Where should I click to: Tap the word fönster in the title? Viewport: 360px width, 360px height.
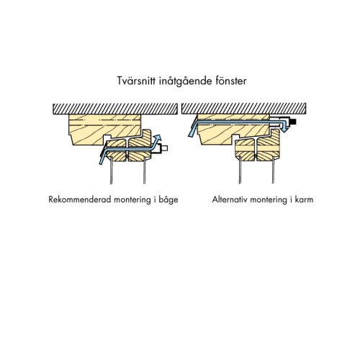point(231,81)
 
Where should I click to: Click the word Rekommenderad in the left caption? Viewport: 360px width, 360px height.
point(80,199)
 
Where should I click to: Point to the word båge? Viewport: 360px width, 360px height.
point(168,200)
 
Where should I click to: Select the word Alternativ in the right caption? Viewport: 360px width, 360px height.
point(230,199)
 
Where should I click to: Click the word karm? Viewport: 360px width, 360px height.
point(305,199)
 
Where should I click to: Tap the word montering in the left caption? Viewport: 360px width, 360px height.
point(132,200)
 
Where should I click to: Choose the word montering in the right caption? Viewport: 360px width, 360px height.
point(269,200)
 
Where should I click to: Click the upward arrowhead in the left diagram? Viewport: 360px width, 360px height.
point(158,138)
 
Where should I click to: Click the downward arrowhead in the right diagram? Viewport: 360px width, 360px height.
point(284,129)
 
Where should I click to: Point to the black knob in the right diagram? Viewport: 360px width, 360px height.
point(292,122)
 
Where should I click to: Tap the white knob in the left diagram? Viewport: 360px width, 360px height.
point(164,148)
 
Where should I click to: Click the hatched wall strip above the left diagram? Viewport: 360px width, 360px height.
point(115,109)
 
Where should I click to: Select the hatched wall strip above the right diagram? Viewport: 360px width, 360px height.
point(244,108)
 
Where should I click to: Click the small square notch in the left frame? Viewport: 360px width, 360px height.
point(108,138)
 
